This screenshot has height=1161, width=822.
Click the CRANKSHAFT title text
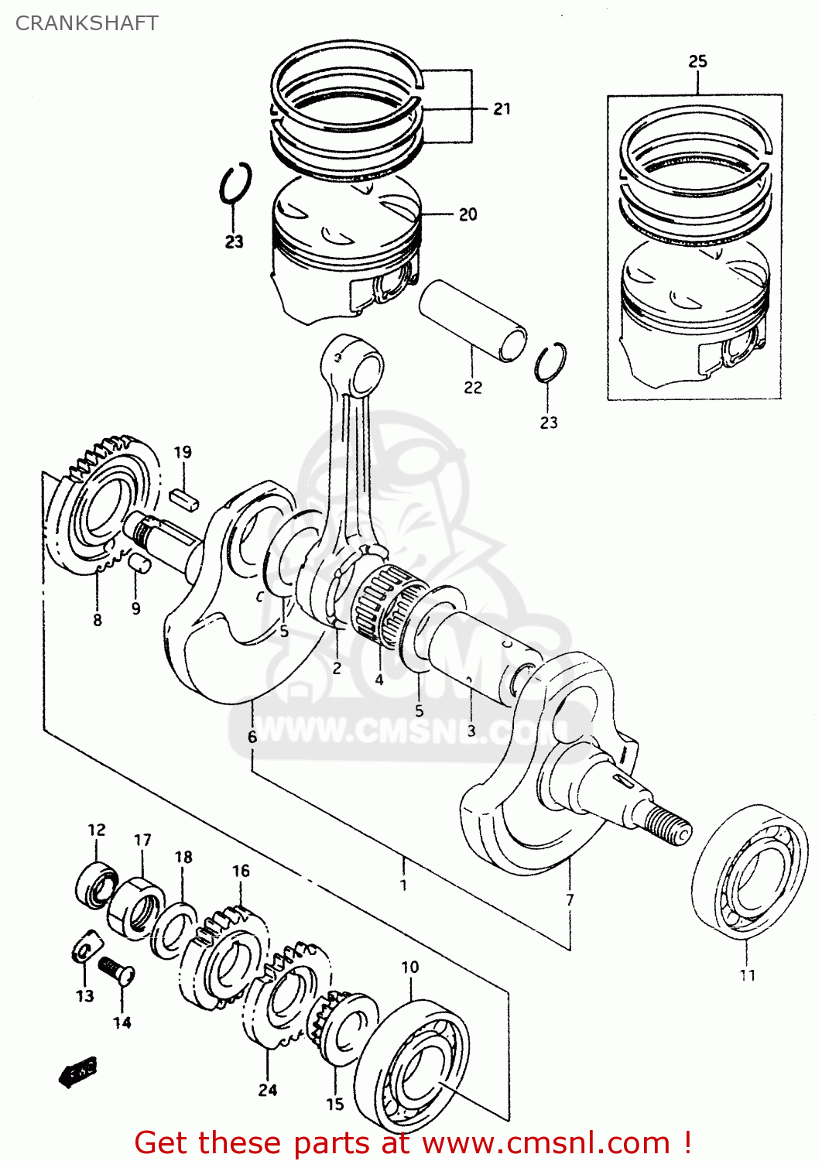pyautogui.click(x=87, y=23)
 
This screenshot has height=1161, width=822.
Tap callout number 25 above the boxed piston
pyautogui.click(x=697, y=61)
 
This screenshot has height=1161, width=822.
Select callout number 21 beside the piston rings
pyautogui.click(x=502, y=109)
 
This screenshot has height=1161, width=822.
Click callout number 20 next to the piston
pyautogui.click(x=468, y=214)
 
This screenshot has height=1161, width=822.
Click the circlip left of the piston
pyautogui.click(x=235, y=184)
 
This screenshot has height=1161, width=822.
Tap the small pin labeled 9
pyautogui.click(x=139, y=562)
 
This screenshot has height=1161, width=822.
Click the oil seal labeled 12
pyautogui.click(x=97, y=882)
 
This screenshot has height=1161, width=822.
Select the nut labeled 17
pyautogui.click(x=136, y=906)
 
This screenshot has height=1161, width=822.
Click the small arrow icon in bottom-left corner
pyautogui.click(x=78, y=1072)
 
